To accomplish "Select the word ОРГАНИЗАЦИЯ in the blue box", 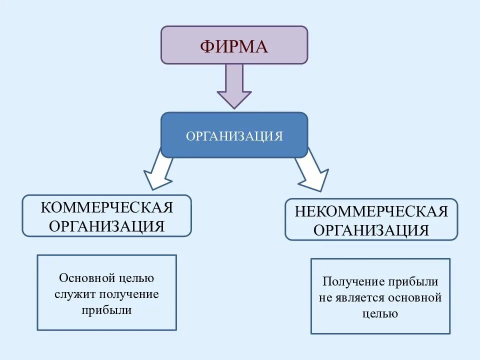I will [234, 136].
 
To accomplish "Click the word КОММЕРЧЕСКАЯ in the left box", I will [106, 207].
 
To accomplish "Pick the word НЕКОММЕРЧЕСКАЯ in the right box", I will [371, 211].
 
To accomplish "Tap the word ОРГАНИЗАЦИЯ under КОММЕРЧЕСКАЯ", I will [106, 225].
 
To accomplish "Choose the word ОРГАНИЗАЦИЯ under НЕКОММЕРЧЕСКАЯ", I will [371, 230].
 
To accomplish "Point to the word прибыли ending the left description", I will [106, 310].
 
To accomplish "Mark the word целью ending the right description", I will [380, 313].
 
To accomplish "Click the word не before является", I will [325, 297].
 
